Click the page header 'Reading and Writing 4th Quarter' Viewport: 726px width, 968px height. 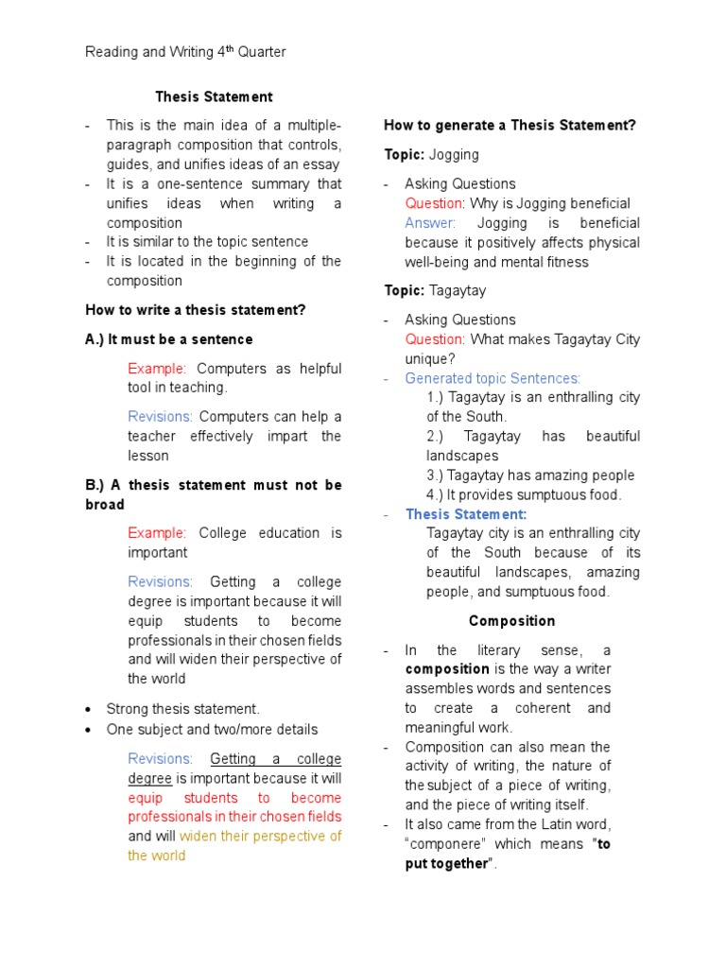(185, 52)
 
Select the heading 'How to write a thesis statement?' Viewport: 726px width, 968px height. (196, 310)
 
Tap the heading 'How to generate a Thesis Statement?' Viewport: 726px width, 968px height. (510, 126)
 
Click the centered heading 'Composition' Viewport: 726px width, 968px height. (511, 621)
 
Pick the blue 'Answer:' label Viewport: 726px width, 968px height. (430, 223)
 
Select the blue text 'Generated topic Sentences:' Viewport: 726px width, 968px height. (493, 378)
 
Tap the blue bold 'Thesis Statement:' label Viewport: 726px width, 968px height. (466, 514)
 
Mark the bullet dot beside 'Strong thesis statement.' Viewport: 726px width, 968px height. (88, 710)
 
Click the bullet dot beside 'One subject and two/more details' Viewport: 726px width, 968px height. (88, 730)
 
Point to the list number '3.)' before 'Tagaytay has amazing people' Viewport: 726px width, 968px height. (435, 475)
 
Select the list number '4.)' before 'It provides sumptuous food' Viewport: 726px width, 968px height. (435, 494)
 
